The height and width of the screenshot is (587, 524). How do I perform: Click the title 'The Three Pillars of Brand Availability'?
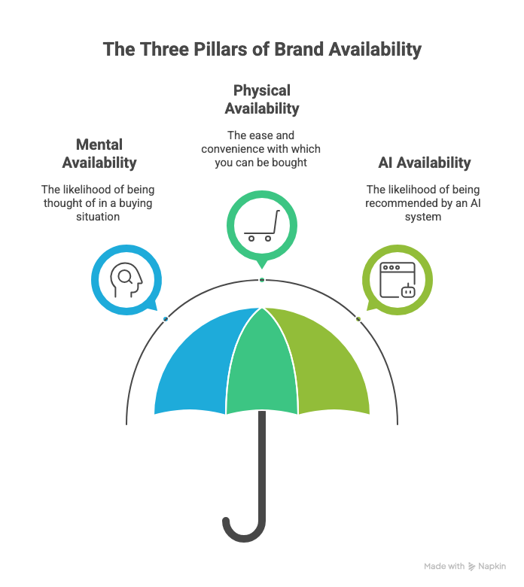[261, 50]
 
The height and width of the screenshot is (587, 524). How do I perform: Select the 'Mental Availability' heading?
[99, 153]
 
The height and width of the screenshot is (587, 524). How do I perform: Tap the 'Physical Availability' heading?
[261, 99]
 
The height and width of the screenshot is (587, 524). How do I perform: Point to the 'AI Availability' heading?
[424, 163]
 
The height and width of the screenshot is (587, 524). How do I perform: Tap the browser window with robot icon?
[398, 279]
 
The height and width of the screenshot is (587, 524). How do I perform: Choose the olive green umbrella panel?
[324, 361]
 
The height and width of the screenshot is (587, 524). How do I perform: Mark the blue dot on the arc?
[166, 319]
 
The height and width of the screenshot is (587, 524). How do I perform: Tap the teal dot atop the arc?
[261, 280]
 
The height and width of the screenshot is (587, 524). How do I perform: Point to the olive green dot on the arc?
[358, 319]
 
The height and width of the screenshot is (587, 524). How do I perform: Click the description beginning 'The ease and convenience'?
[261, 149]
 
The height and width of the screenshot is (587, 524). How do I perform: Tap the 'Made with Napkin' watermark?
[465, 567]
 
